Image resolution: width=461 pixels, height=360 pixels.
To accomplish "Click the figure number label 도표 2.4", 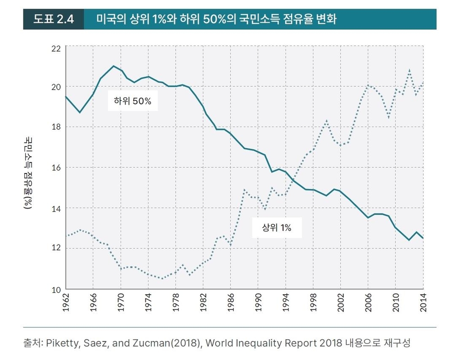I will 53,20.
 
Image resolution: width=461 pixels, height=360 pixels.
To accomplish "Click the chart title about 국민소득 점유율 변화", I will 217,20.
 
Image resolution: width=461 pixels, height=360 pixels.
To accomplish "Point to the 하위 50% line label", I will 133,101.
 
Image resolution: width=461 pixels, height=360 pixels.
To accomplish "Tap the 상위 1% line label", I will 277,228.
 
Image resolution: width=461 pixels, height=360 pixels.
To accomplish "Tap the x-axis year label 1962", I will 66,302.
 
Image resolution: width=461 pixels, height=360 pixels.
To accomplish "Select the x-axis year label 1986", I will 231,302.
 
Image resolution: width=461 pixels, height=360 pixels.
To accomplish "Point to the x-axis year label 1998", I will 313,302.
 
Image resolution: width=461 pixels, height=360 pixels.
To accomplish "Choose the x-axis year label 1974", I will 148,302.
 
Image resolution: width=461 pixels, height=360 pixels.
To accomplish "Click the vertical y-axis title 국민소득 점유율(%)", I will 28,173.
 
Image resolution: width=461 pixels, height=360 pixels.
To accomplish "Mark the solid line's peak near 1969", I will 113,66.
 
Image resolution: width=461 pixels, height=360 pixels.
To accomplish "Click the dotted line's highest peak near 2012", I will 409,70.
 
